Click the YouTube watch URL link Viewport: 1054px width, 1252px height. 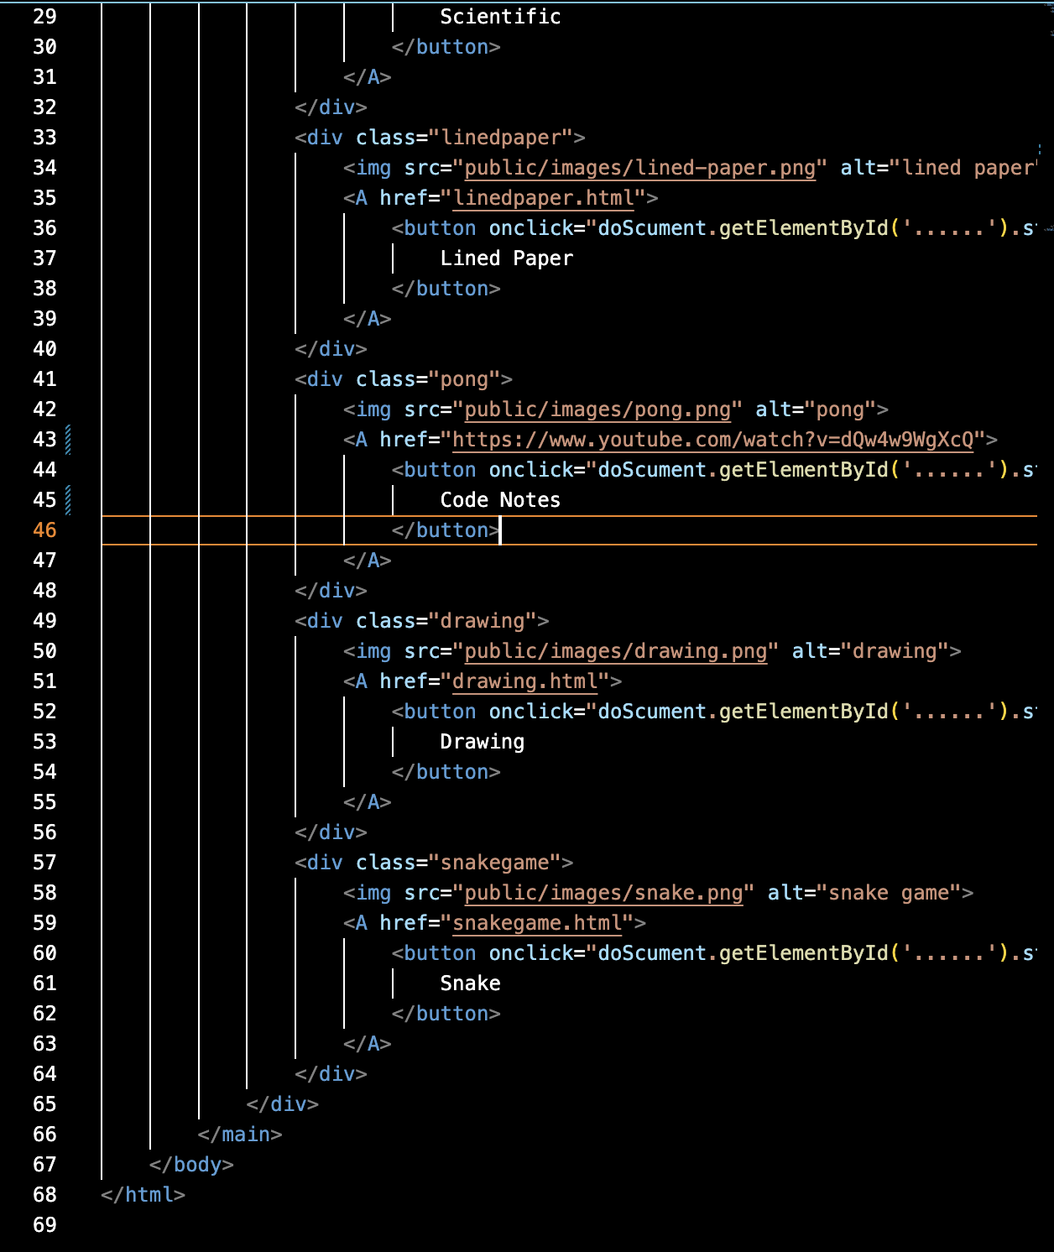(712, 440)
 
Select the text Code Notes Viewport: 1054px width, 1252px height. (500, 500)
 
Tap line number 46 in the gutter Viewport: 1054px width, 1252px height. (44, 530)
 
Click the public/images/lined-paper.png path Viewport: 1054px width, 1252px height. (639, 168)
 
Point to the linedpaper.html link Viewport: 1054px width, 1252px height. (543, 198)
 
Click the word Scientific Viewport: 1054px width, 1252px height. (500, 17)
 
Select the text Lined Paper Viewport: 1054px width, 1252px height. (506, 258)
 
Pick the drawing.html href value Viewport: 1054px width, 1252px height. (524, 681)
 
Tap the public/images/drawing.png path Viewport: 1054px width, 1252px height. (615, 651)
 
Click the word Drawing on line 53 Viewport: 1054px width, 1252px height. (482, 742)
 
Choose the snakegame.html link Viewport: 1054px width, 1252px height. (537, 923)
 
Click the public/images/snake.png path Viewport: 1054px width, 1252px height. (603, 893)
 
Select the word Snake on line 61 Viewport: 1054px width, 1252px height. (470, 983)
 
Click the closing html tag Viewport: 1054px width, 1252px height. (143, 1195)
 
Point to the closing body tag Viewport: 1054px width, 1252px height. (191, 1165)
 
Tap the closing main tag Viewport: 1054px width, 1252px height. (240, 1135)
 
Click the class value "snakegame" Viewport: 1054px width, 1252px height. (494, 863)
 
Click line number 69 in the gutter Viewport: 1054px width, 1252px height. (44, 1225)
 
